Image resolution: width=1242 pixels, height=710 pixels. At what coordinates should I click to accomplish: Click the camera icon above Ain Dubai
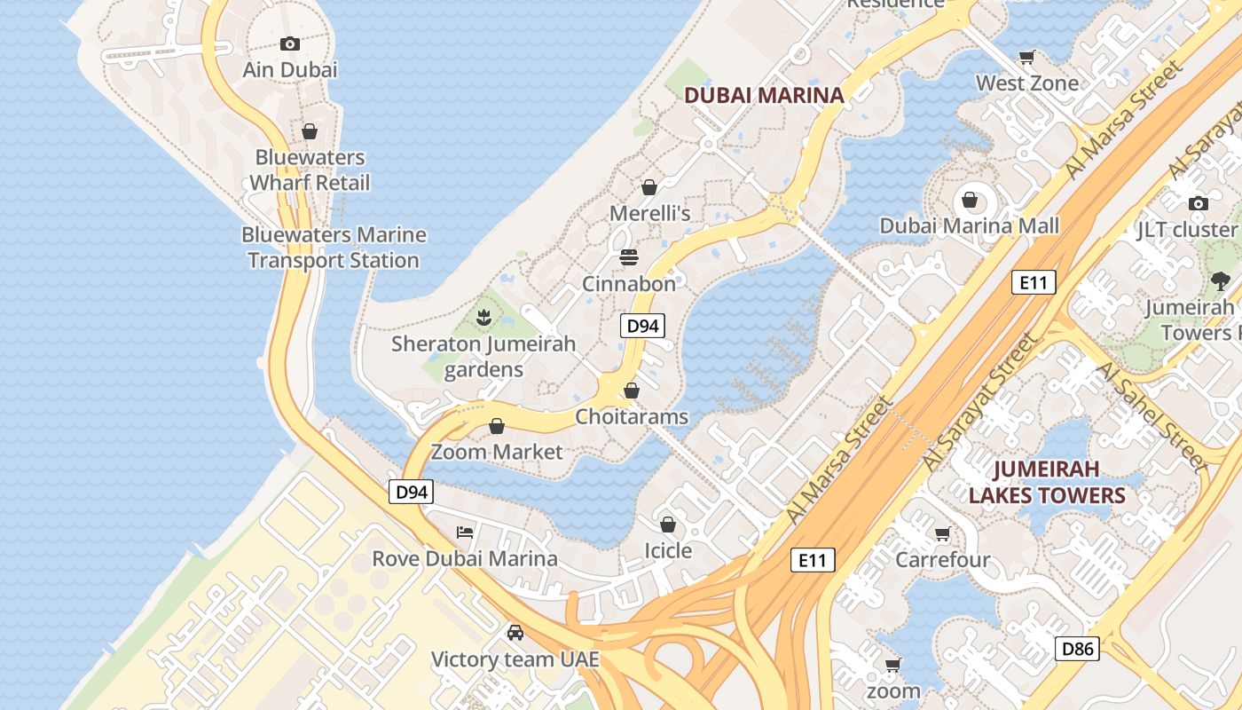[289, 43]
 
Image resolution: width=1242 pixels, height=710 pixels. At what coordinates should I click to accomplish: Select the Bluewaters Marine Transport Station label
[334, 248]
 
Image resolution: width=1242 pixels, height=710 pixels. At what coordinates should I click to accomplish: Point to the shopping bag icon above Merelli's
[649, 187]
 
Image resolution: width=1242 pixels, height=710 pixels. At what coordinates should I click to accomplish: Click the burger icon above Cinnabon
[629, 257]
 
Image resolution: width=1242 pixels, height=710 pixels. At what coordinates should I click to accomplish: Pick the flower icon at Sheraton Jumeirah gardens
[483, 317]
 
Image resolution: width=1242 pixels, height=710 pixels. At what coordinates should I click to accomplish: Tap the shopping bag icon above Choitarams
[632, 390]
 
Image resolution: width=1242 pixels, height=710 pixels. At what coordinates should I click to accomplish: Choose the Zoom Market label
[497, 452]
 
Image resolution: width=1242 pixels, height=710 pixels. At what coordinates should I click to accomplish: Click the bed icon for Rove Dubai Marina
[465, 532]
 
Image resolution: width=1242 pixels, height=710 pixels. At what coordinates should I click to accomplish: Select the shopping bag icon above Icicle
[668, 525]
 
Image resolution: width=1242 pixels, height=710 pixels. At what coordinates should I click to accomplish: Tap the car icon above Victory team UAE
[515, 633]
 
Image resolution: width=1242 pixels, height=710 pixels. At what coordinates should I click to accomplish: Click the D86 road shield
[1078, 649]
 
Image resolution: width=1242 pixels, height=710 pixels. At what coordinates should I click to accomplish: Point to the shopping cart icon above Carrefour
[942, 534]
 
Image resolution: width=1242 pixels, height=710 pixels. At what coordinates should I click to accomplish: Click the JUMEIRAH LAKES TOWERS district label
[1047, 482]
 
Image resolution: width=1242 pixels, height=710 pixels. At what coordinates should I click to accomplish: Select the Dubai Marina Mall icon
[970, 200]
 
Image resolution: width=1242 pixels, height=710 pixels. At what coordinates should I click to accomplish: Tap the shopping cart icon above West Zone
[1027, 58]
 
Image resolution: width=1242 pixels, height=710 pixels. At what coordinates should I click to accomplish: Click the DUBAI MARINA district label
[764, 95]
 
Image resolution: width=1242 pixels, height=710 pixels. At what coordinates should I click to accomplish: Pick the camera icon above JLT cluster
[1199, 203]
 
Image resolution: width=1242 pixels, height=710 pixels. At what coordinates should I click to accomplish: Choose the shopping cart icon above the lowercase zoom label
[893, 665]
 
